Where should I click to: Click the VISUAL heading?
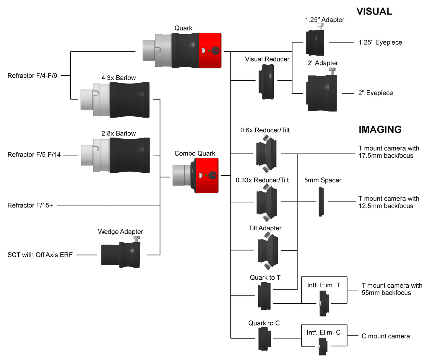point(374,12)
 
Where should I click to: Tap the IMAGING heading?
point(380,129)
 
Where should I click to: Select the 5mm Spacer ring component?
point(321,202)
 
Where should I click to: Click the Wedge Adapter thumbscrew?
point(137,238)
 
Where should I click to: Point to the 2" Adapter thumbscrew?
point(332,71)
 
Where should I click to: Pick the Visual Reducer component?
point(267,82)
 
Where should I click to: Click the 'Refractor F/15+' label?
point(30,205)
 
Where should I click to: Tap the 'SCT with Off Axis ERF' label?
point(40,255)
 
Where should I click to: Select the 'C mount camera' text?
point(385,336)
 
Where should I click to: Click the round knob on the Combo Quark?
point(212,175)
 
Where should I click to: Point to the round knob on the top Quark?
point(215,51)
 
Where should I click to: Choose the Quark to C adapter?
point(264,339)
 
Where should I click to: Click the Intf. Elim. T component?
point(324,303)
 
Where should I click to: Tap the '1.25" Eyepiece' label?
point(380,43)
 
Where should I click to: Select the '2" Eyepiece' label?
point(375,93)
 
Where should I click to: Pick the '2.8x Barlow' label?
point(118,133)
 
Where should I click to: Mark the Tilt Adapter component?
point(267,250)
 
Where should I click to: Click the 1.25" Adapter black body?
point(315,43)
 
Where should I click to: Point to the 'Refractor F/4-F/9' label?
point(32,76)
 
